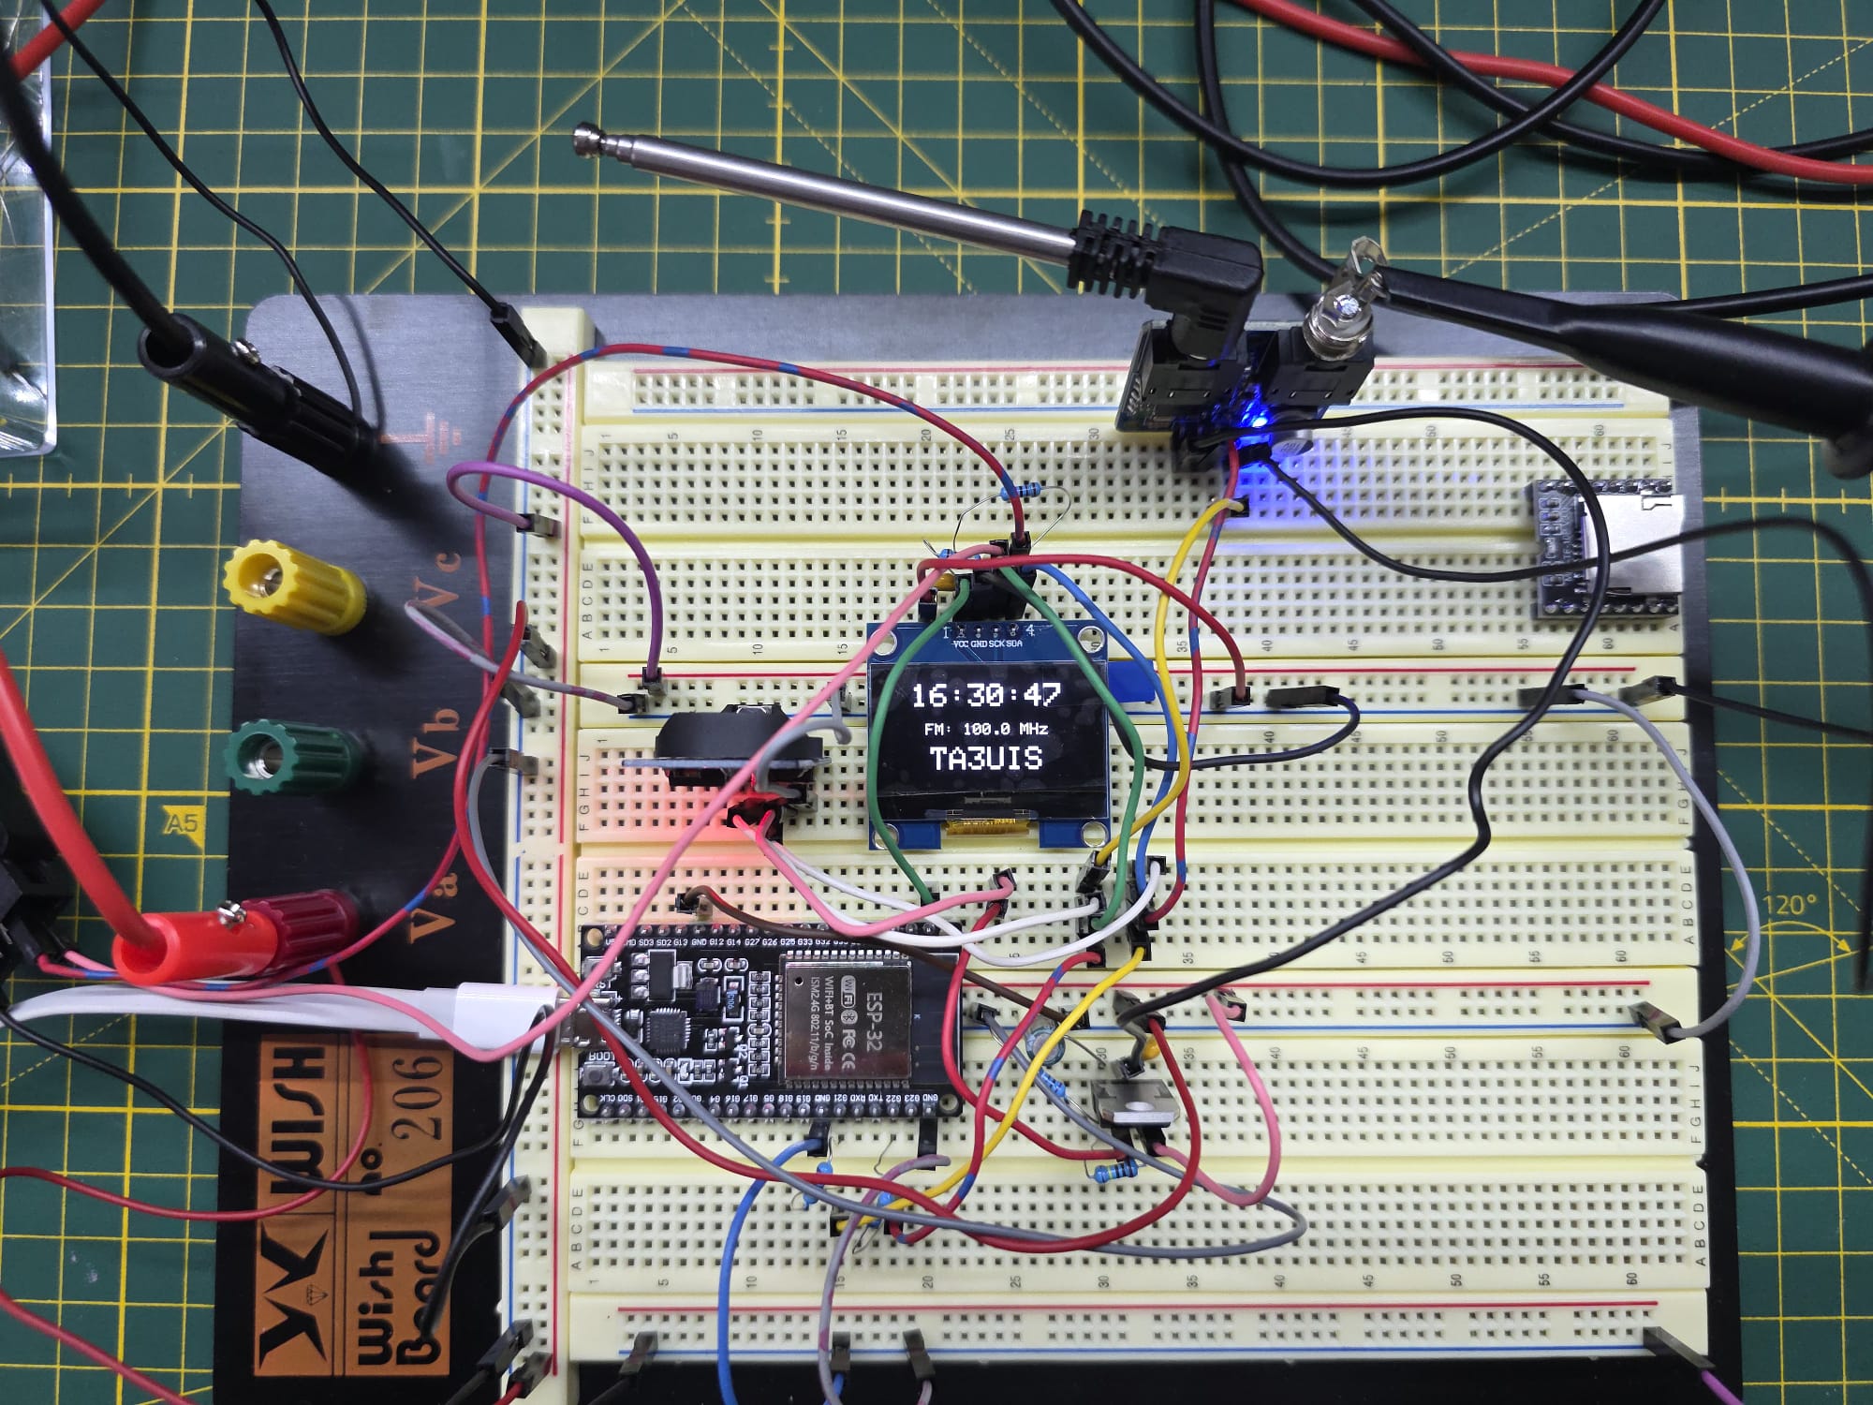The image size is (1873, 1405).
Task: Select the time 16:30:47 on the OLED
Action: tap(985, 695)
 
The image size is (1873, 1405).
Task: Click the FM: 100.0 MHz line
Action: tap(985, 728)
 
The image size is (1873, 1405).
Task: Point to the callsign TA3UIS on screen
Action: tap(985, 758)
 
